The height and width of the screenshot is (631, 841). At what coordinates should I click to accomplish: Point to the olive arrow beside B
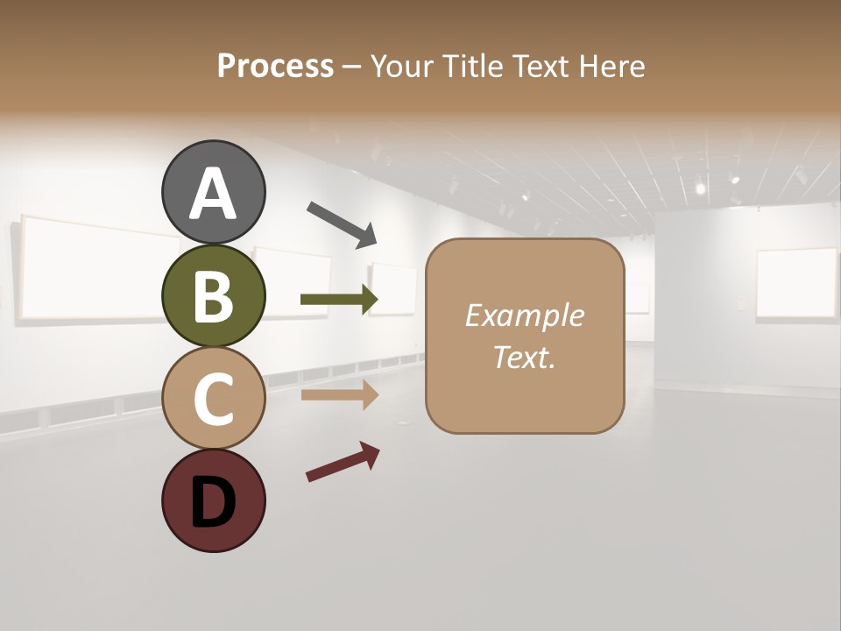click(x=339, y=300)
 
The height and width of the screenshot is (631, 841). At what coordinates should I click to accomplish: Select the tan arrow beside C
click(x=339, y=395)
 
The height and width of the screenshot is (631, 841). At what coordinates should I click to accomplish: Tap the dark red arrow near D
click(x=343, y=463)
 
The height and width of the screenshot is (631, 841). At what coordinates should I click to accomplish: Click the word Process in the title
click(x=275, y=67)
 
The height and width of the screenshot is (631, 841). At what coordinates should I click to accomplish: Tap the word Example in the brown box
click(x=524, y=315)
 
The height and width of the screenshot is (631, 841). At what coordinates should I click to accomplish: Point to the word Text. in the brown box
click(x=524, y=357)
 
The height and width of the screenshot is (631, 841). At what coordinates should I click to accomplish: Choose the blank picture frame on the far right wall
click(x=796, y=283)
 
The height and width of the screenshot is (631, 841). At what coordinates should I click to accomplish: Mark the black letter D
click(x=213, y=504)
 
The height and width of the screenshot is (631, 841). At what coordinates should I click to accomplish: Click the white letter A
click(x=213, y=193)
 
